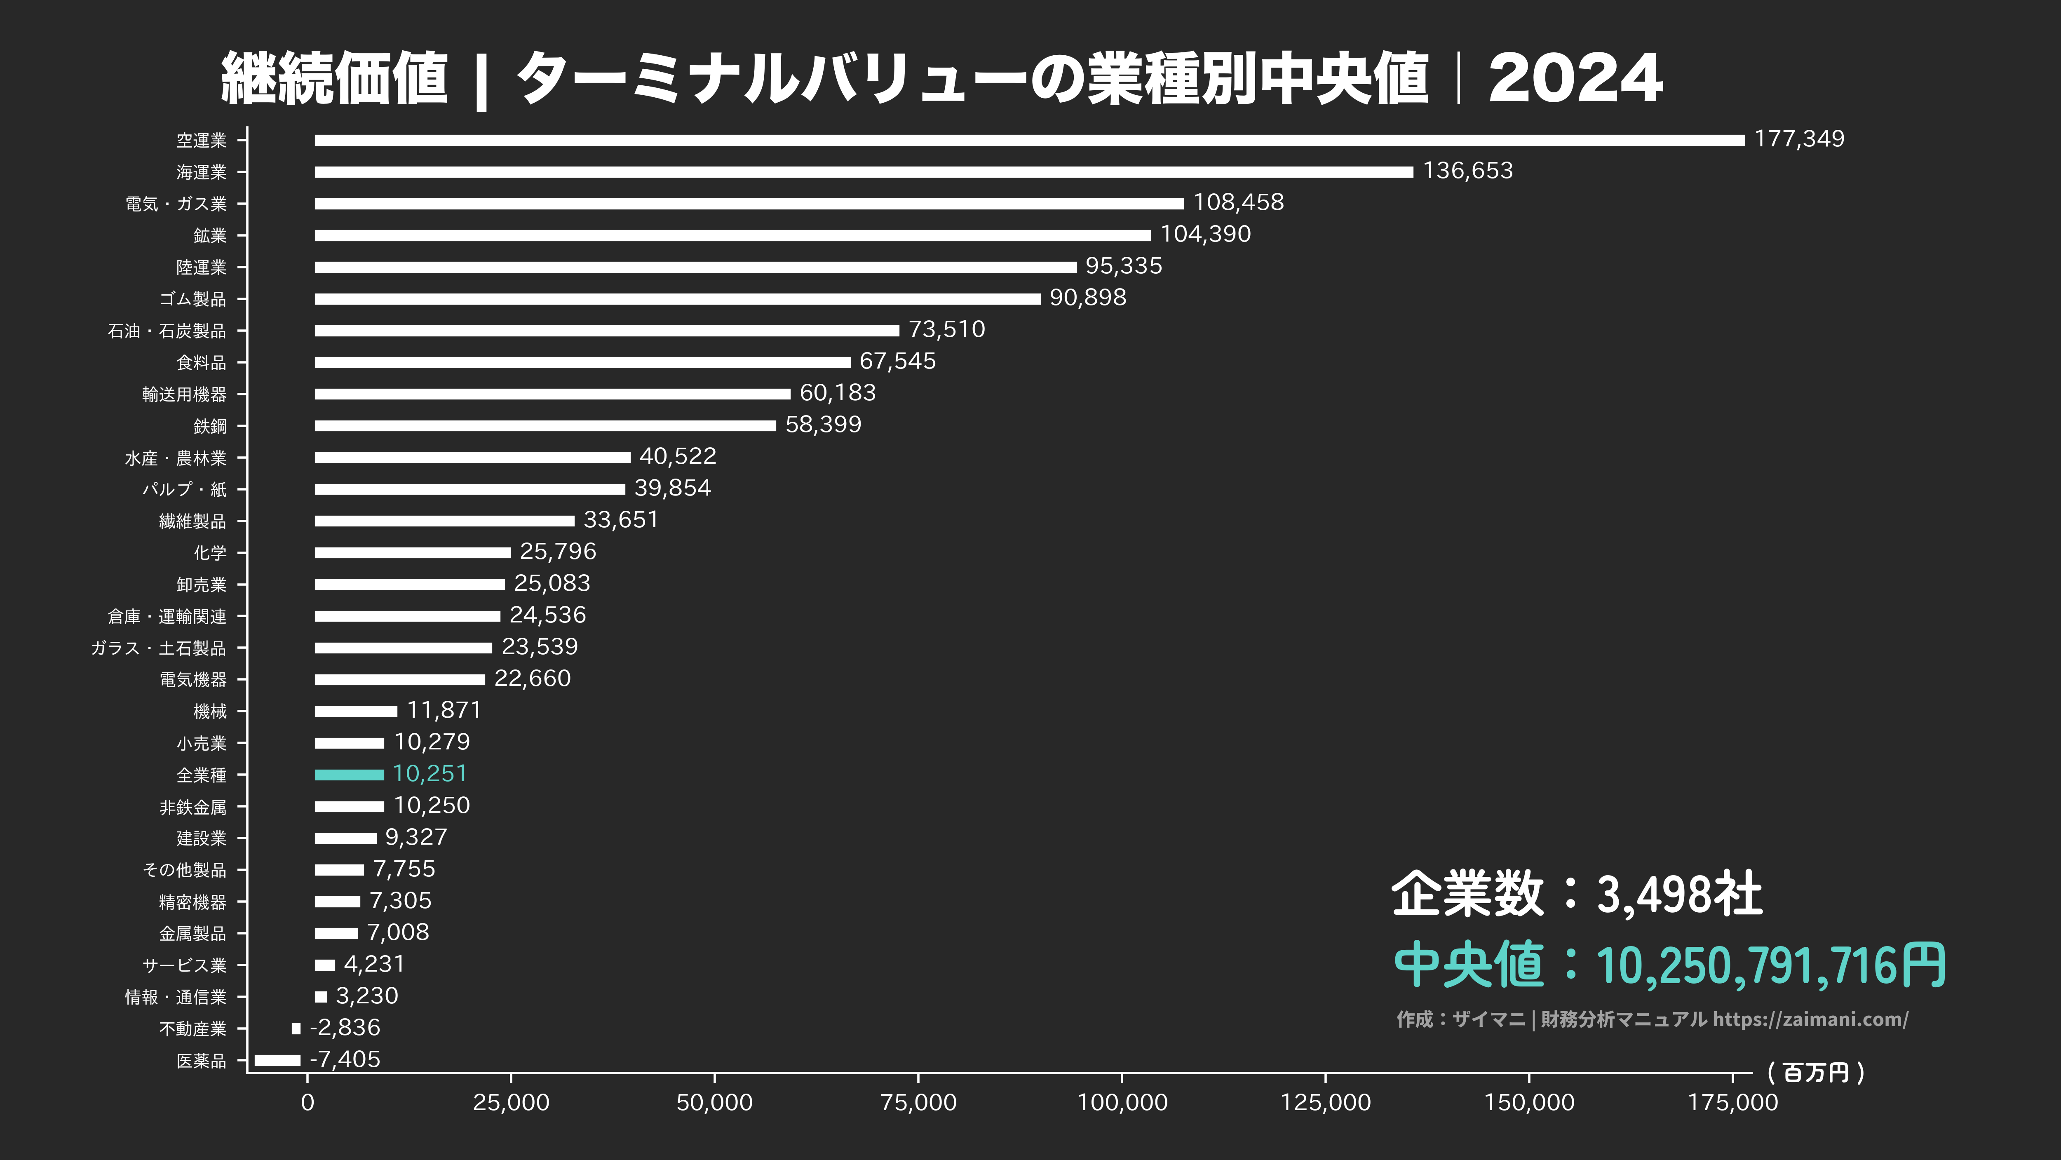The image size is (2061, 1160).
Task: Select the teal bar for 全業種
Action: click(349, 775)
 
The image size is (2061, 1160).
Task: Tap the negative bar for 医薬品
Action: click(277, 1060)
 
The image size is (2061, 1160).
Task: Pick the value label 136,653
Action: click(1467, 170)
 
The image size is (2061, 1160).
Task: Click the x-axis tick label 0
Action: click(307, 1102)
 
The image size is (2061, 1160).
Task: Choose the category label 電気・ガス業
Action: click(176, 204)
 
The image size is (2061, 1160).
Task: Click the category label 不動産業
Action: click(193, 1029)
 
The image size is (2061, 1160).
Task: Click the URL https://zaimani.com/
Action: click(1810, 1019)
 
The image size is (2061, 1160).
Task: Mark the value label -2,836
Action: click(345, 1027)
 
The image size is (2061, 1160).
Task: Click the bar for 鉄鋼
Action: click(545, 425)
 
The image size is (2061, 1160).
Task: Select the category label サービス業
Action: click(184, 965)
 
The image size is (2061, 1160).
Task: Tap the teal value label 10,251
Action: click(430, 774)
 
